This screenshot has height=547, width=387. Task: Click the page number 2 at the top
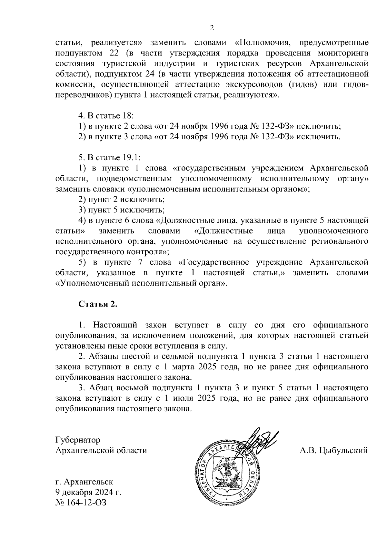pos(212,28)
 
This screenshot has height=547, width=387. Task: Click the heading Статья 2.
pos(98,305)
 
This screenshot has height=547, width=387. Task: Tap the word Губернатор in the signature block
pos(78,440)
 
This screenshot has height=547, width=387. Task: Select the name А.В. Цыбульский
pos(333,450)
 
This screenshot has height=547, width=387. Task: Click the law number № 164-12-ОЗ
pos(81,502)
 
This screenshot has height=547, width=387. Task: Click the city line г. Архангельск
pos(84,482)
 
